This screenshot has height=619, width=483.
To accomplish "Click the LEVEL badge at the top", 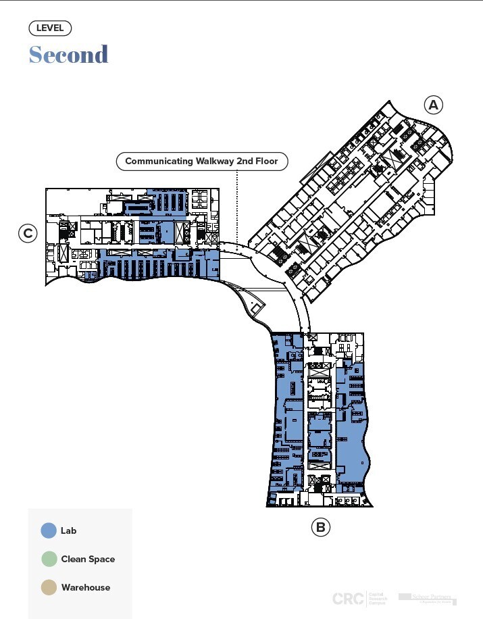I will click(x=50, y=28).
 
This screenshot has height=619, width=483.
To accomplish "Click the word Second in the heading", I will click(x=68, y=54).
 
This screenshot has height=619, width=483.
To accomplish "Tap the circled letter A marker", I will click(x=433, y=105).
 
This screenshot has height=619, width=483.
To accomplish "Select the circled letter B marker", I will click(x=320, y=527).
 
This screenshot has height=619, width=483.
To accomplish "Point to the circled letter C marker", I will click(x=28, y=234).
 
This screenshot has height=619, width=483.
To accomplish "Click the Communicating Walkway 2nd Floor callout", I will click(x=201, y=162).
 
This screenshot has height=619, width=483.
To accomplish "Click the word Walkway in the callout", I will click(x=199, y=162).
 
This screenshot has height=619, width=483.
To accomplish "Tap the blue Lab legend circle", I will click(x=49, y=530).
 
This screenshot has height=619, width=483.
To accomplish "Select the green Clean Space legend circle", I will click(x=49, y=559).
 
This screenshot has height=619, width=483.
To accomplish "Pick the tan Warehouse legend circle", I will click(x=49, y=587).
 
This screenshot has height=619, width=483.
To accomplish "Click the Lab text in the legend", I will click(x=68, y=530).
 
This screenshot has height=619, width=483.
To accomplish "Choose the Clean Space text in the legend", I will click(x=88, y=559).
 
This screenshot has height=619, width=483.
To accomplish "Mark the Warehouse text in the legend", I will click(x=85, y=587).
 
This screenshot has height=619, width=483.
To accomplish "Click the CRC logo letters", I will click(x=347, y=598).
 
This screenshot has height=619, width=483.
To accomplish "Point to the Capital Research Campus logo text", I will click(x=378, y=598).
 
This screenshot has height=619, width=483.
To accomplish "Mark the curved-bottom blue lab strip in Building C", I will click(x=155, y=267).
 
